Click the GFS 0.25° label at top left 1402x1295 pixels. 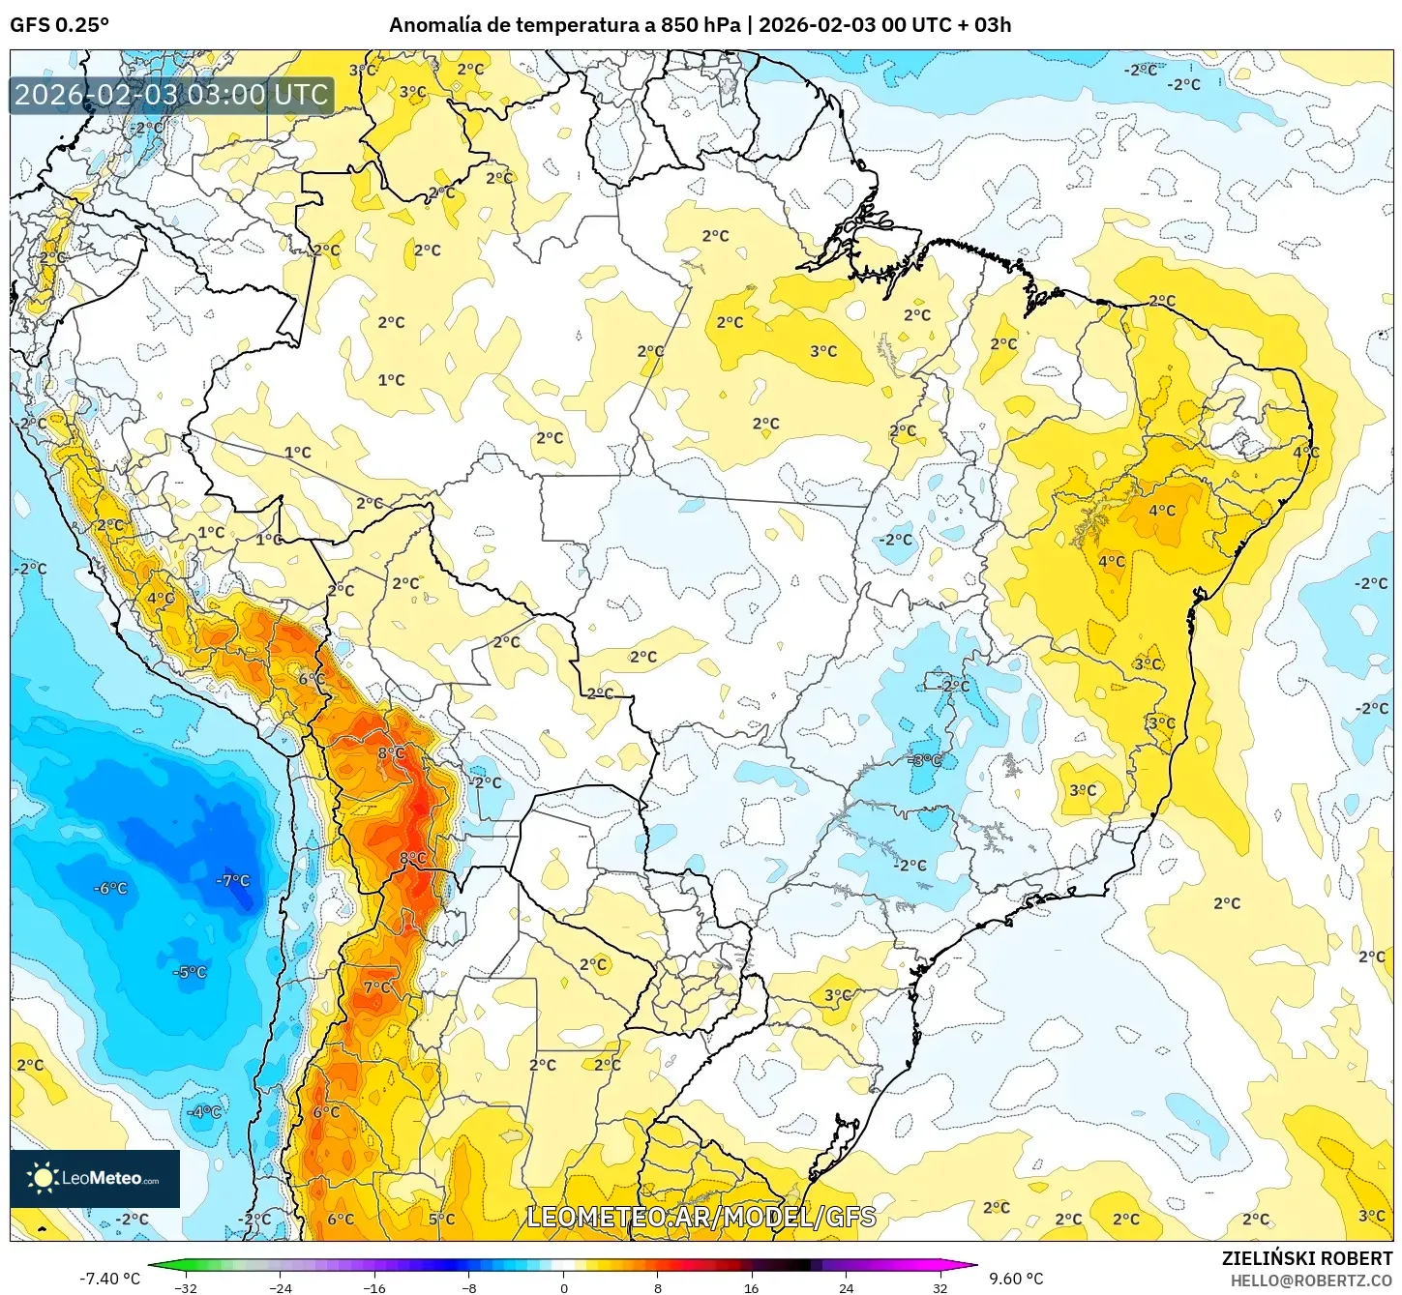click(x=59, y=25)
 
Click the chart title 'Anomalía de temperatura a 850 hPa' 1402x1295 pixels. click(x=565, y=25)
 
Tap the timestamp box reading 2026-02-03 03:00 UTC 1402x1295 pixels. click(x=171, y=95)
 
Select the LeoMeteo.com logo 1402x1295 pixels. click(x=95, y=1178)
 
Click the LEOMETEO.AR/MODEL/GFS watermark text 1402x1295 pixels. click(x=701, y=1217)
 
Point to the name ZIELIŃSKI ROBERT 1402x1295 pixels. click(x=1306, y=1258)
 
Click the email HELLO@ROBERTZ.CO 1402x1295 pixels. click(x=1311, y=1280)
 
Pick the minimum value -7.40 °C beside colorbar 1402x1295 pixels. click(x=109, y=1279)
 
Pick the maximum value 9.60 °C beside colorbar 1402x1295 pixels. click(x=1015, y=1279)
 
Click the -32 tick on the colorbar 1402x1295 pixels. click(x=185, y=1287)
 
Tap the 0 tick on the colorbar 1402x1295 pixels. click(x=563, y=1287)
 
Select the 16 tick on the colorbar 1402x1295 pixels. click(x=752, y=1287)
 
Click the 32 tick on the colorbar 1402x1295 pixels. click(x=940, y=1287)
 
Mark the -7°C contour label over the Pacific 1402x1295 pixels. click(x=232, y=881)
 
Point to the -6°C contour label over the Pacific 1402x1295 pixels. click(x=110, y=889)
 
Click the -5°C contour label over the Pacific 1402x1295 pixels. click(x=190, y=973)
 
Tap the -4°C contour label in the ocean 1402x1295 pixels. click(x=204, y=1112)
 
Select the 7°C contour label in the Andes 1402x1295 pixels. click(x=377, y=987)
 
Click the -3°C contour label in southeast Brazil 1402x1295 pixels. click(x=925, y=761)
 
